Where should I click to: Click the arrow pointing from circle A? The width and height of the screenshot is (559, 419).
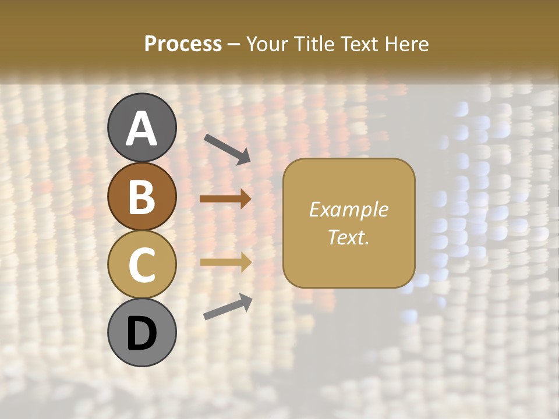pyautogui.click(x=227, y=148)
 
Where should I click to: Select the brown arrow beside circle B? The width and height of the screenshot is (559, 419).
pyautogui.click(x=225, y=199)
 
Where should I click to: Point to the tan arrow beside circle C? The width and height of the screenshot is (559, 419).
pyautogui.click(x=225, y=262)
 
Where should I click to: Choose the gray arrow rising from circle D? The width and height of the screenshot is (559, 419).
pyautogui.click(x=228, y=307)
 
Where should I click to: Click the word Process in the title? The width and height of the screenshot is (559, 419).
pyautogui.click(x=183, y=44)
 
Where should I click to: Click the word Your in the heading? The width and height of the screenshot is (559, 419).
pyautogui.click(x=267, y=44)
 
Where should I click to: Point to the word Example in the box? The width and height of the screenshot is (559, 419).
pyautogui.click(x=348, y=210)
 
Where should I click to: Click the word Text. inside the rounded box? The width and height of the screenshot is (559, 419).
pyautogui.click(x=348, y=237)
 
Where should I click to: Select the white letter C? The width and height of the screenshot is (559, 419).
pyautogui.click(x=142, y=265)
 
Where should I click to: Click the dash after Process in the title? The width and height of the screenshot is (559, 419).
pyautogui.click(x=234, y=45)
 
